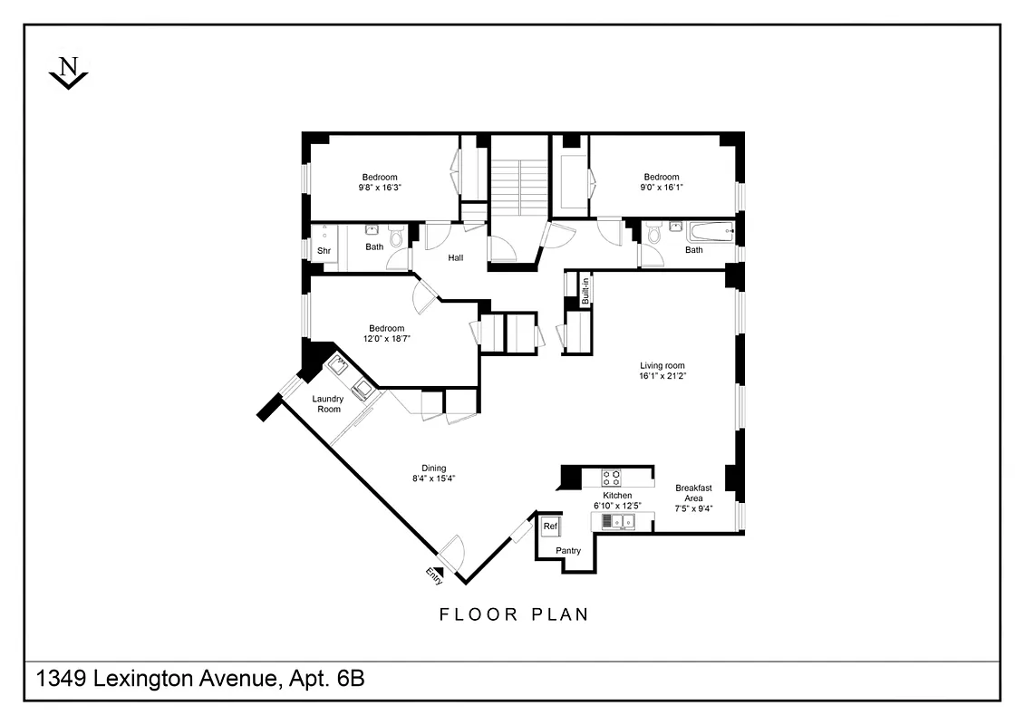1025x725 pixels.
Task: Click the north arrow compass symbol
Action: click(68, 73)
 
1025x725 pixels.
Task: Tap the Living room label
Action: click(662, 365)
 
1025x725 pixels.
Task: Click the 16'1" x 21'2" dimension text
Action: click(662, 375)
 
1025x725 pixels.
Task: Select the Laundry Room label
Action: click(327, 404)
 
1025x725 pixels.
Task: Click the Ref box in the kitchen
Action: click(550, 526)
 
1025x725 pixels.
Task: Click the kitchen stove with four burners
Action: click(612, 478)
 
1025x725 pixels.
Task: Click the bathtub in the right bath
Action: click(708, 233)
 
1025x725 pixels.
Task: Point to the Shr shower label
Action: click(323, 251)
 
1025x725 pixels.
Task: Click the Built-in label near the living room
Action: click(585, 291)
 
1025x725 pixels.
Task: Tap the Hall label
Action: click(455, 258)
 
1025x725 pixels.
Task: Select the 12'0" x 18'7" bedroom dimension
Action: click(386, 339)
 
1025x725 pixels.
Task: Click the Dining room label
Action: click(433, 468)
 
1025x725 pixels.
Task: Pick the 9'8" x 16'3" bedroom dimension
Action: click(380, 188)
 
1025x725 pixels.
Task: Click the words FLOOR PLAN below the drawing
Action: click(514, 614)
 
